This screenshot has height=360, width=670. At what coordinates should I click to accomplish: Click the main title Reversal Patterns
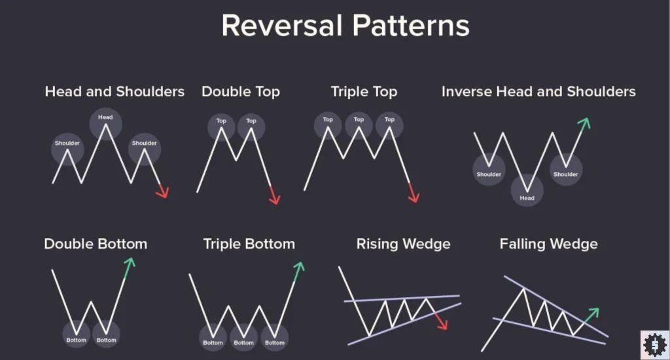(345, 26)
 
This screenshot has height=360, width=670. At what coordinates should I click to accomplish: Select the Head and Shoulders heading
(115, 92)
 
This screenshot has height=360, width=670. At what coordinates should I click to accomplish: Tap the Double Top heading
(241, 92)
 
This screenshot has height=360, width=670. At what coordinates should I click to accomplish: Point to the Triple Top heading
(364, 92)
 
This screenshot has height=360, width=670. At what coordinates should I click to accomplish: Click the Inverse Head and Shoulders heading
(538, 92)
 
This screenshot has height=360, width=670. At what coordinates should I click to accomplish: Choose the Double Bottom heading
(96, 244)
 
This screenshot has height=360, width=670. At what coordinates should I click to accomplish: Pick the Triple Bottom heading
(249, 244)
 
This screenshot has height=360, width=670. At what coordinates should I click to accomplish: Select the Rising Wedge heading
(403, 244)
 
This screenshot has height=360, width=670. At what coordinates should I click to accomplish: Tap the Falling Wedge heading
(548, 244)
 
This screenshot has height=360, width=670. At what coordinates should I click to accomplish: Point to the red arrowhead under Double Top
(275, 196)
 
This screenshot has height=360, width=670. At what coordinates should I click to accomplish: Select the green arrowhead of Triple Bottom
(299, 267)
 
